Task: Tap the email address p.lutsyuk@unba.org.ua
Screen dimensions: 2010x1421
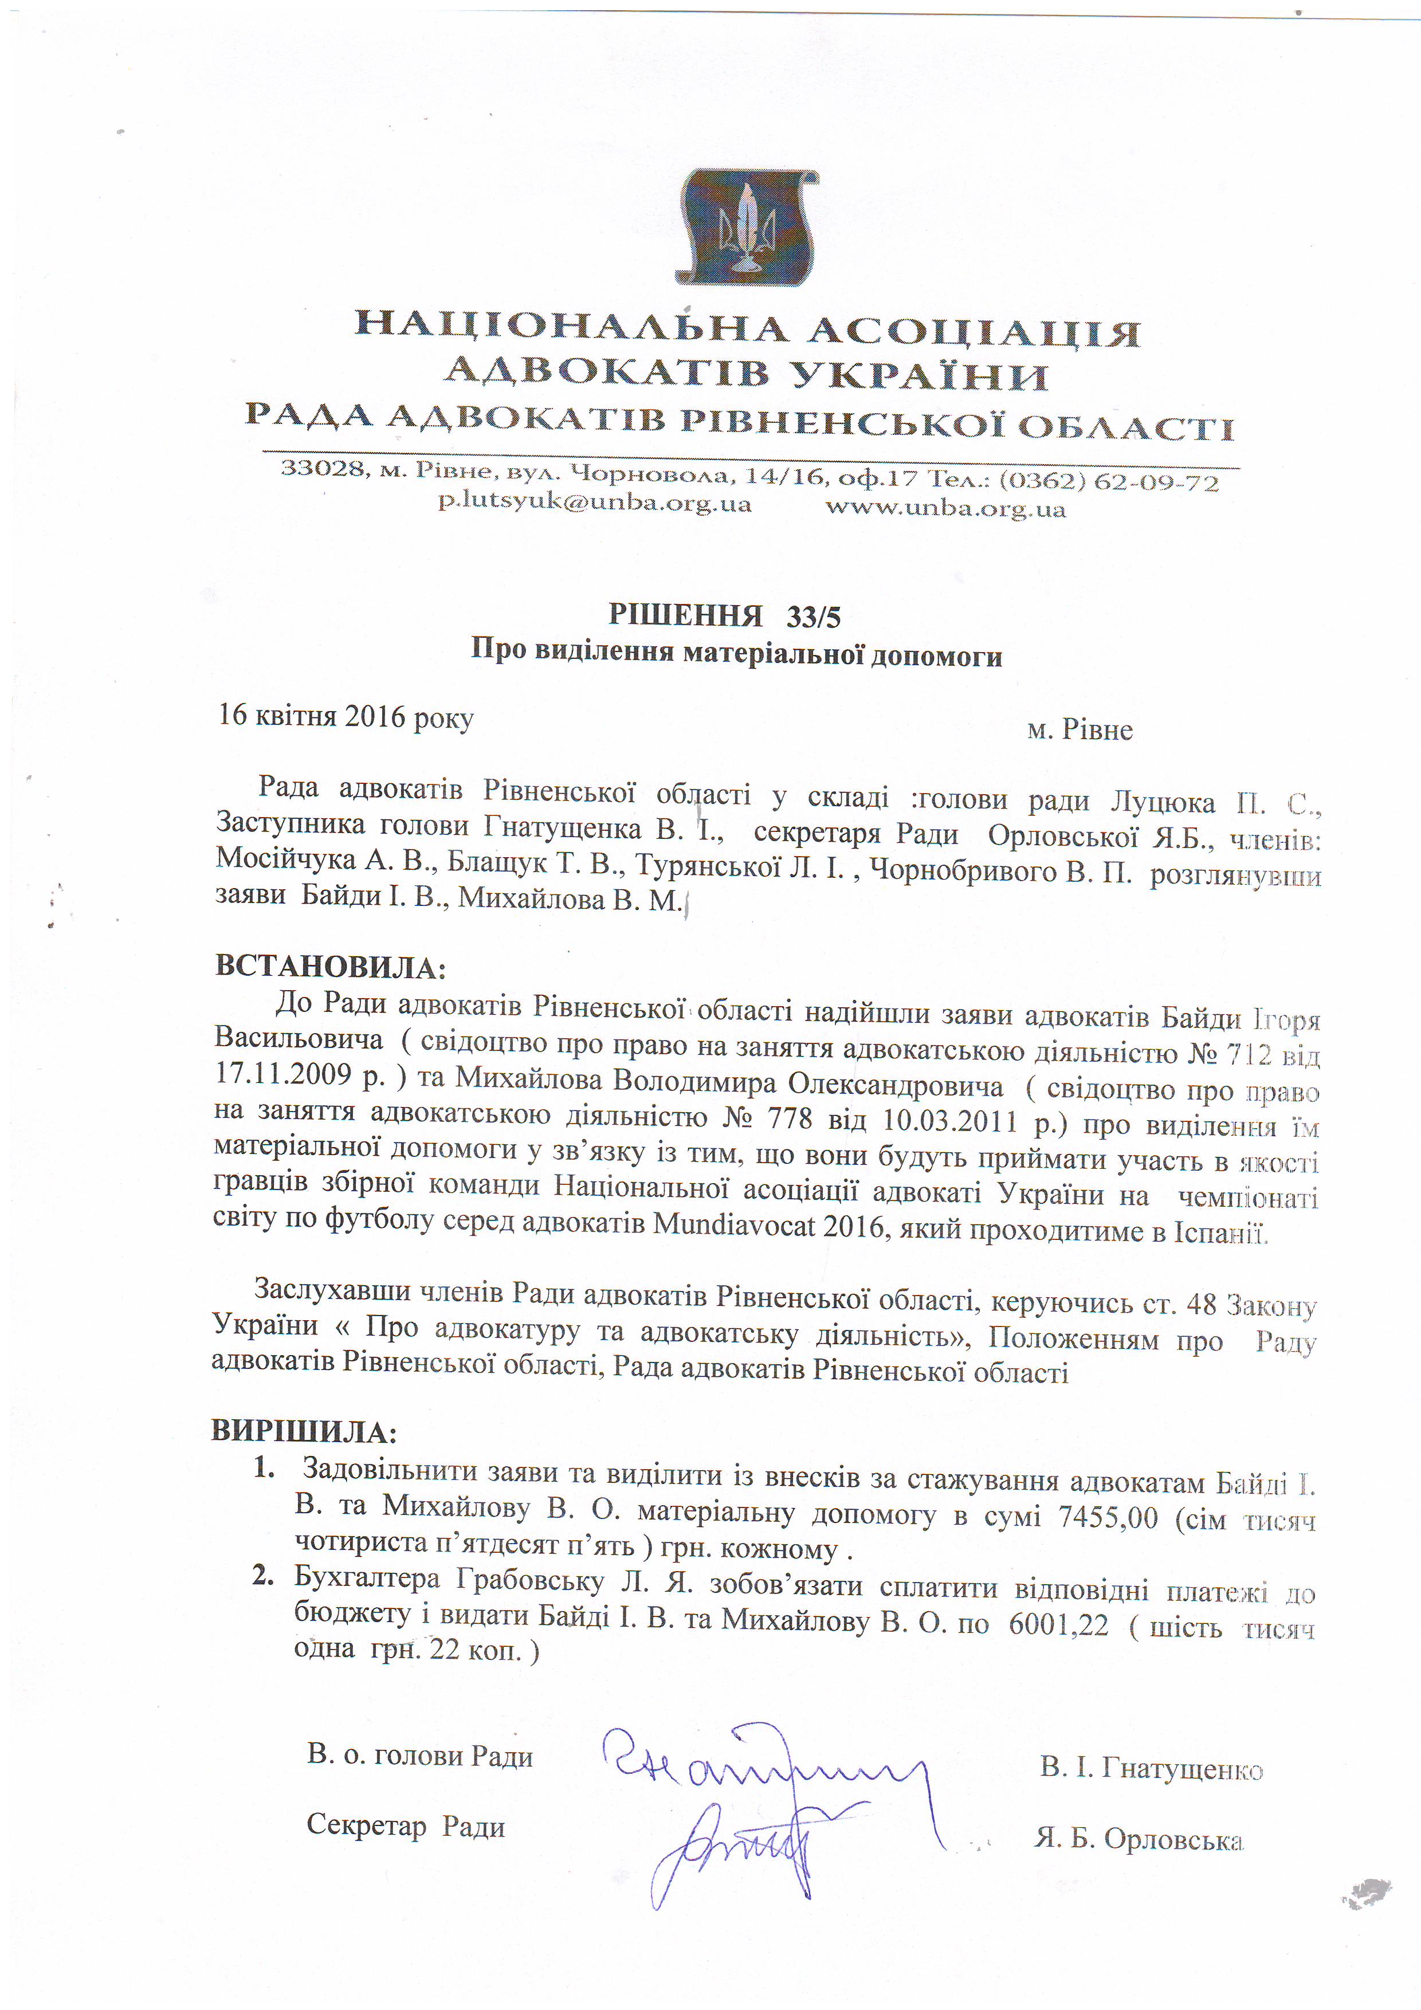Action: click(x=595, y=504)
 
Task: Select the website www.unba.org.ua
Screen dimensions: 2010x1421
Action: click(x=945, y=508)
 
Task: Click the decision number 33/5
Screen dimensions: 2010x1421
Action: click(x=814, y=617)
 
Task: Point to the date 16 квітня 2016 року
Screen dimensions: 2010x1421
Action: click(x=346, y=716)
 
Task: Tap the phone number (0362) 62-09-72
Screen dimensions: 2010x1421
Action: click(x=1108, y=481)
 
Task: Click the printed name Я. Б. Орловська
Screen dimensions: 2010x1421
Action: click(x=1138, y=1839)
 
